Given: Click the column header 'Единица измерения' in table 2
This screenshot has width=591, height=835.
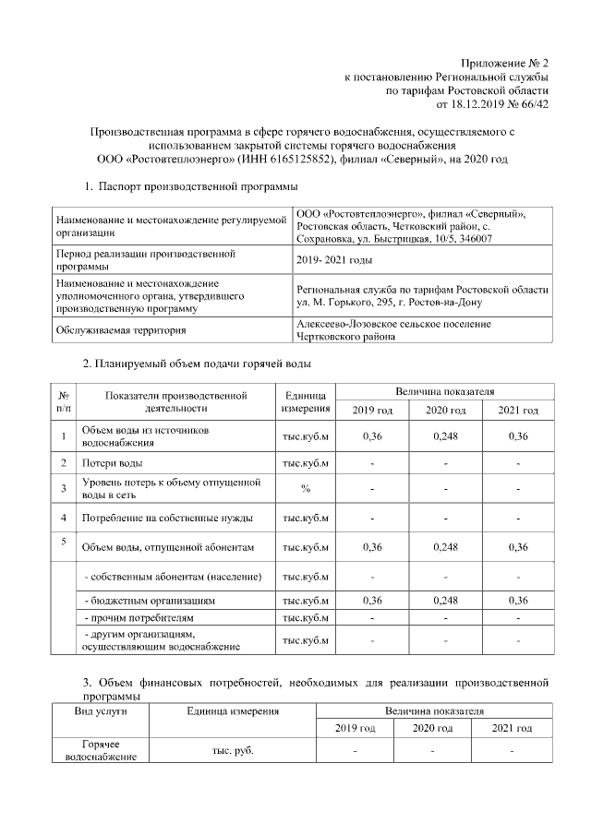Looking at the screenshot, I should click(304, 401).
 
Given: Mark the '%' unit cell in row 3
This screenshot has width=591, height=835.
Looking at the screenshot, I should click(304, 488).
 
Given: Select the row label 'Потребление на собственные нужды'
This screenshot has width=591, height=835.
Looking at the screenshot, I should click(166, 518).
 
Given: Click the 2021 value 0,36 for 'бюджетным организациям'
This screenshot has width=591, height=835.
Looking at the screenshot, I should click(517, 600).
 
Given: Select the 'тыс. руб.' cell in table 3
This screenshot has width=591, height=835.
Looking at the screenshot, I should click(233, 750).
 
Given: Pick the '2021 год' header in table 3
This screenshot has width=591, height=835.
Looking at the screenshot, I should click(512, 729).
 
